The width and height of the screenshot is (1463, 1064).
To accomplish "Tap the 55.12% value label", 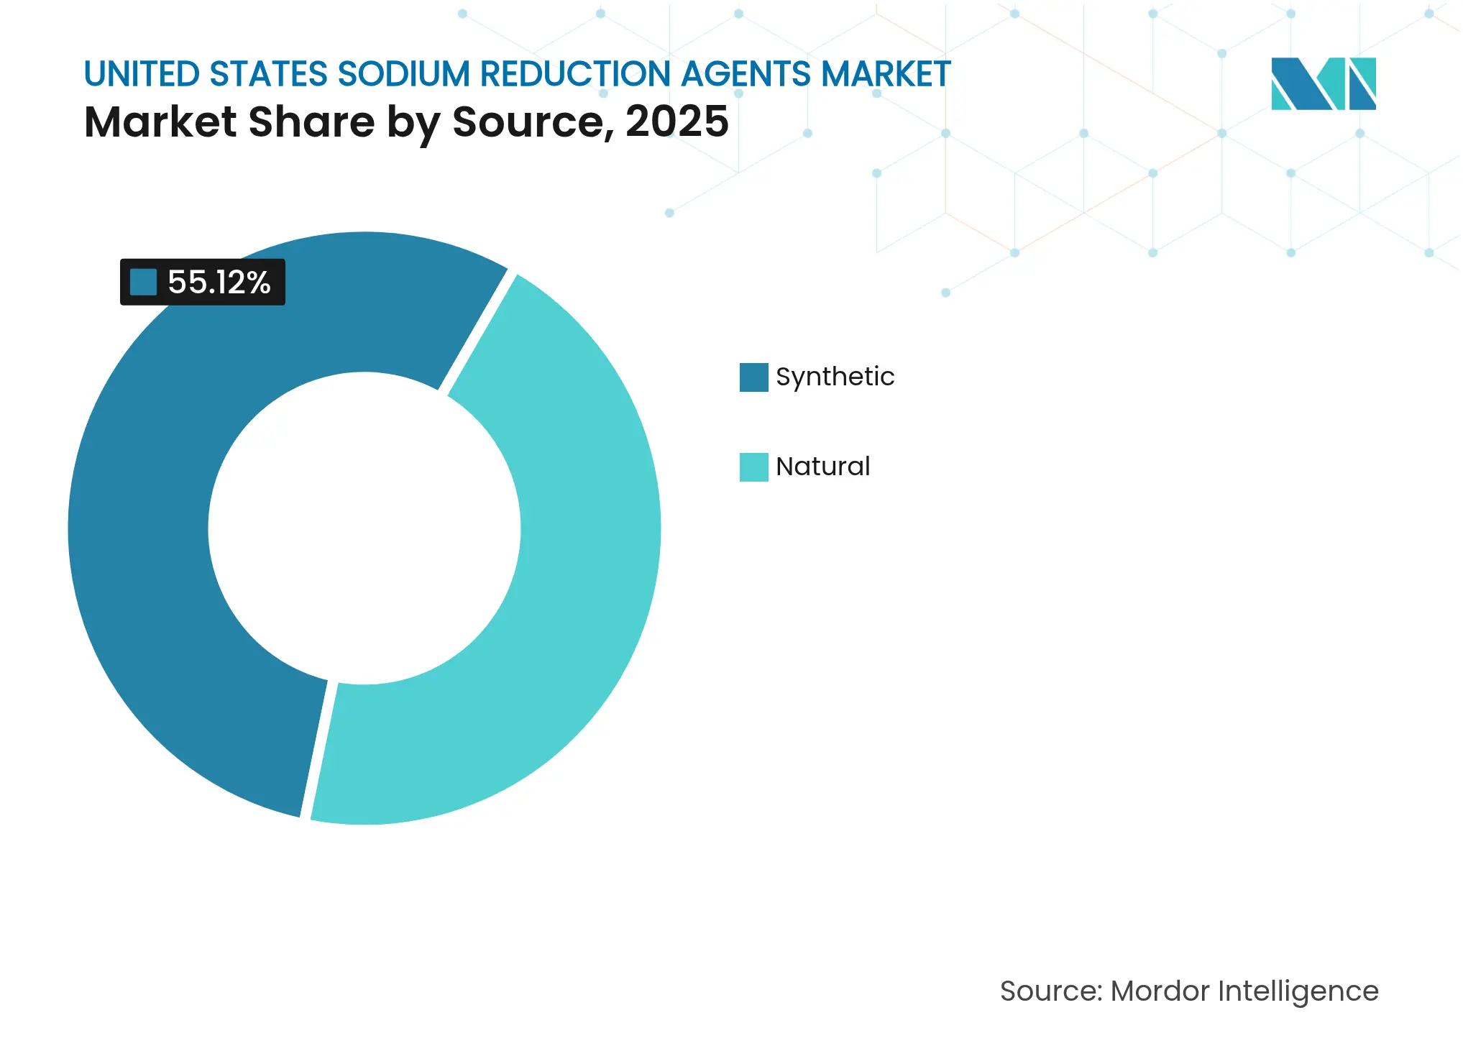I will (219, 282).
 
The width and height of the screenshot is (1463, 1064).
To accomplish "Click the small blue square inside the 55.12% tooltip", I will (144, 282).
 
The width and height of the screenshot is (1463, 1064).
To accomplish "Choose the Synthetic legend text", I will (835, 377).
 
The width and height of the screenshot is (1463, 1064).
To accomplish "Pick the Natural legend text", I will (822, 467).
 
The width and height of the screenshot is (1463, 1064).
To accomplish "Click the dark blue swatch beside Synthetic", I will (753, 377).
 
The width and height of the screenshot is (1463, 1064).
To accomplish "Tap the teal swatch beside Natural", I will (753, 467).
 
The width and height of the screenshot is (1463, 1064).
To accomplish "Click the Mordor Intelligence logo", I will (1323, 83).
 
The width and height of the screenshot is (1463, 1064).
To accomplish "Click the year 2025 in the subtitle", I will (677, 121).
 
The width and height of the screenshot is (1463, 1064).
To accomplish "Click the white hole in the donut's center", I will (364, 528).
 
